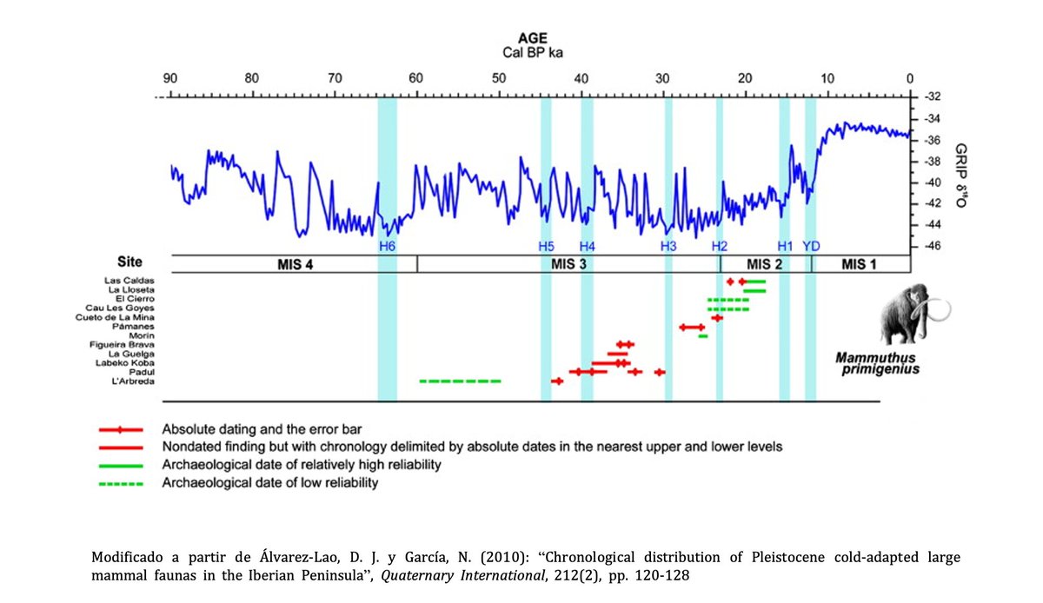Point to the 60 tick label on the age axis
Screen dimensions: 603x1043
(416, 79)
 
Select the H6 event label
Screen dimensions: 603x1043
(388, 246)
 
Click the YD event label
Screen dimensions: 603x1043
(811, 246)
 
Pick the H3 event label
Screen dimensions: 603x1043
(668, 246)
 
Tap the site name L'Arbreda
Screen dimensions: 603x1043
(133, 381)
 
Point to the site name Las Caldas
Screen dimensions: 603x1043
(131, 282)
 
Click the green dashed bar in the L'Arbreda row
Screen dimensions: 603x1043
(460, 381)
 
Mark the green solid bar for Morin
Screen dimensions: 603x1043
(703, 335)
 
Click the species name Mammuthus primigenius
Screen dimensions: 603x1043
(877, 362)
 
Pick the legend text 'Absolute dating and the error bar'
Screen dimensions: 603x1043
(262, 429)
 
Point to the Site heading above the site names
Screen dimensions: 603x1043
(130, 262)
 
